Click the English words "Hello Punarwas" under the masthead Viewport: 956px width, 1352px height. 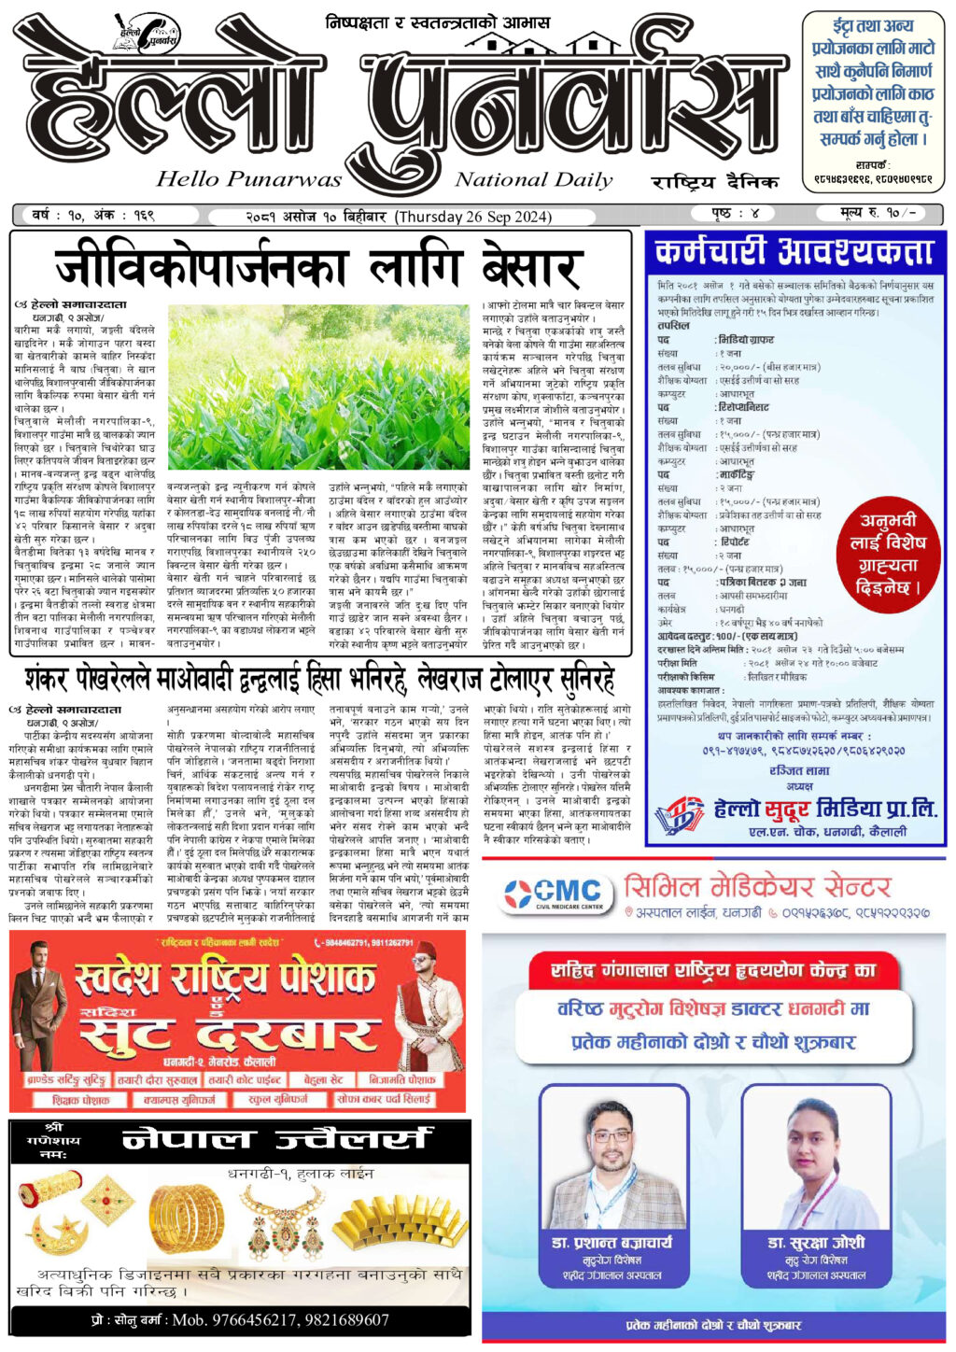[249, 178]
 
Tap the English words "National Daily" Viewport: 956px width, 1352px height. [533, 179]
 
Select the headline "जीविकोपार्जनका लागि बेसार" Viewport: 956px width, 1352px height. [317, 267]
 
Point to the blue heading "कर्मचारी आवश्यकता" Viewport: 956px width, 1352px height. [794, 251]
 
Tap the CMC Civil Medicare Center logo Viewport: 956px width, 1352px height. [557, 894]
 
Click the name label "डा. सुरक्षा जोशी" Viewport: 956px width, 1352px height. [815, 1243]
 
